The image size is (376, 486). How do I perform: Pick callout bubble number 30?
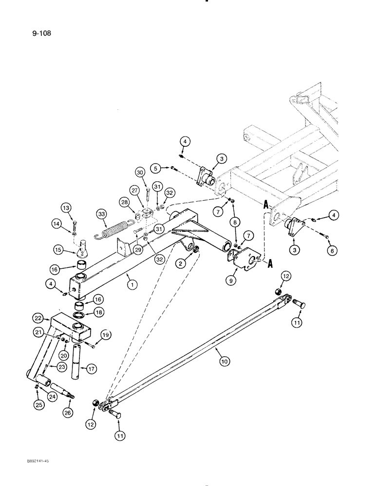(140, 173)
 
